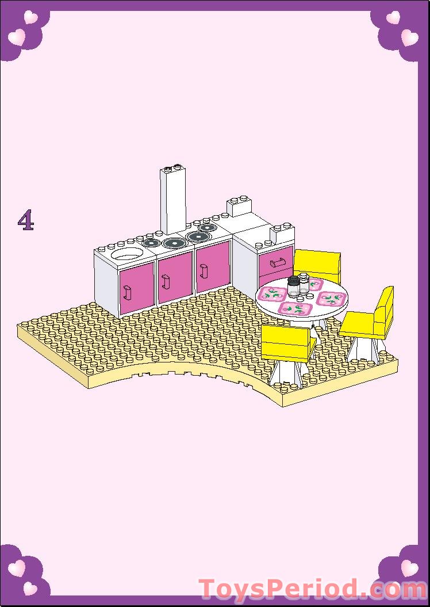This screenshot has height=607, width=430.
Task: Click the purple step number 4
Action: coord(26,220)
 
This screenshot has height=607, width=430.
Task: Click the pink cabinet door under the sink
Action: coord(137,287)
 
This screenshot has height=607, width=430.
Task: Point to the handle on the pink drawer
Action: coord(277,264)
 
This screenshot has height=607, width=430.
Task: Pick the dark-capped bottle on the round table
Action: coord(294,287)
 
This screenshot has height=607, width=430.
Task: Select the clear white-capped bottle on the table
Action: coord(304,284)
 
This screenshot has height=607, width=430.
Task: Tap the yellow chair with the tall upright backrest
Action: coord(369,320)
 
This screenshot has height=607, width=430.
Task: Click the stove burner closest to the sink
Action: coord(151,243)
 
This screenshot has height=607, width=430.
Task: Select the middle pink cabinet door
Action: coord(175,277)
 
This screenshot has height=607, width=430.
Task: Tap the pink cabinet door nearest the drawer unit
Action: coord(213,268)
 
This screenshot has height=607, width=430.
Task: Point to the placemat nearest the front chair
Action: coord(296,308)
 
